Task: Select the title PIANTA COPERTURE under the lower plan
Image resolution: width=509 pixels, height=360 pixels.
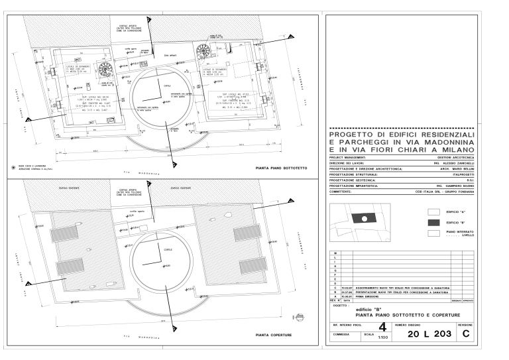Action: tap(276, 335)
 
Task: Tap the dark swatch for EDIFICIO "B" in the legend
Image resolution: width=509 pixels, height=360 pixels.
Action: tap(434, 223)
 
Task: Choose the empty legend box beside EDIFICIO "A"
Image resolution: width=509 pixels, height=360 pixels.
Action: tap(434, 211)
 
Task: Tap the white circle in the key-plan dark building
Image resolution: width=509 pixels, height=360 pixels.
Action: tap(363, 217)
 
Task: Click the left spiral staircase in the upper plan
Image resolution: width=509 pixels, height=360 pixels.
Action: tap(103, 68)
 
